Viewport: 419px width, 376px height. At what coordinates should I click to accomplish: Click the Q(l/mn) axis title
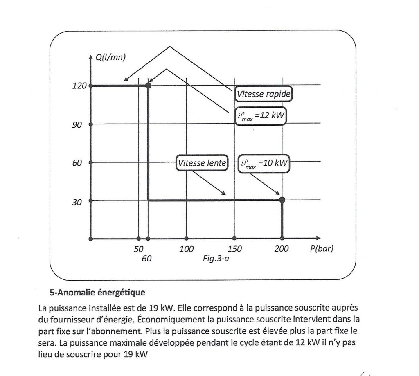(110, 58)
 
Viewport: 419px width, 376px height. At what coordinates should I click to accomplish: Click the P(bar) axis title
(322, 249)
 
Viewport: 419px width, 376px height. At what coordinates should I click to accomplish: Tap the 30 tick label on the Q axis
(77, 203)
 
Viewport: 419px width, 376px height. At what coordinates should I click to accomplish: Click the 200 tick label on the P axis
(282, 249)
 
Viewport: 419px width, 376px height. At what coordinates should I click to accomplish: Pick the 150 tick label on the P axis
(234, 249)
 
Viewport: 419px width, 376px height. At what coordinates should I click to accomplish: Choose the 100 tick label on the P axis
(186, 249)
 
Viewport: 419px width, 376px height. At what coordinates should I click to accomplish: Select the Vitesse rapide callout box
(264, 95)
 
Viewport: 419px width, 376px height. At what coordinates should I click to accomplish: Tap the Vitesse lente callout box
(201, 163)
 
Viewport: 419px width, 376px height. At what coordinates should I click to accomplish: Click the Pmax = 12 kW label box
(261, 116)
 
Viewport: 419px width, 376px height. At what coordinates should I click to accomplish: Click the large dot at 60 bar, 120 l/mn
(148, 86)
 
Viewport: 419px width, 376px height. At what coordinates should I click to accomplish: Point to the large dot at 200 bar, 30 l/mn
(282, 200)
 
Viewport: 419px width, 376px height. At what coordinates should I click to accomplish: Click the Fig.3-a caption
(216, 258)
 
